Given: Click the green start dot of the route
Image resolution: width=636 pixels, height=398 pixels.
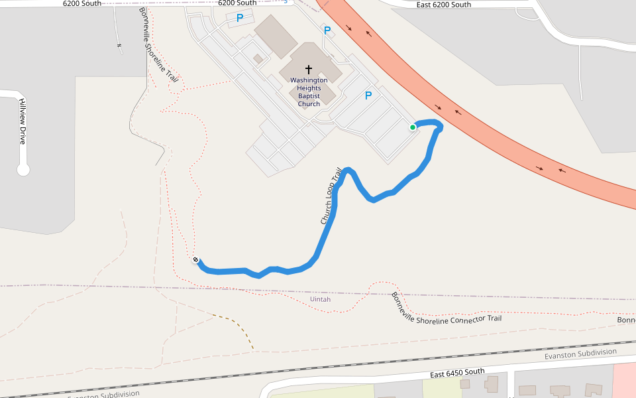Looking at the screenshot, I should [413, 127].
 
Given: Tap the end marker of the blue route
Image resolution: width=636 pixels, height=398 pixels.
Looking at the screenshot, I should [196, 259].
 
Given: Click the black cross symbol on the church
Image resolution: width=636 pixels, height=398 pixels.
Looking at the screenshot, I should [308, 69].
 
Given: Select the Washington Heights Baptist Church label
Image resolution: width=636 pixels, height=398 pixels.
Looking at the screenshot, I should [309, 92].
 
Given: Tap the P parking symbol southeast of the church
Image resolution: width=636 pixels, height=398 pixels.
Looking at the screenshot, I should [368, 96].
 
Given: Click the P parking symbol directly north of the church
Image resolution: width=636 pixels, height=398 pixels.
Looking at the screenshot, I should [327, 31].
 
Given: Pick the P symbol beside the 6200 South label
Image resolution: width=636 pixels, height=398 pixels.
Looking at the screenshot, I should [240, 19].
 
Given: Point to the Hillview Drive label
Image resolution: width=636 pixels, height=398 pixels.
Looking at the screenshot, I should [22, 122].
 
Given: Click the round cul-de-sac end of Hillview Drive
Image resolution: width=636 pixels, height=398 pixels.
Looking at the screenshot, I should [23, 170].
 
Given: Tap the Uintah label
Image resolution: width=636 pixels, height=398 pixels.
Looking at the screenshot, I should [320, 300].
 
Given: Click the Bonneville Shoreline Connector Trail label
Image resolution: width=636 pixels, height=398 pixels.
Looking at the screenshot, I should [445, 308].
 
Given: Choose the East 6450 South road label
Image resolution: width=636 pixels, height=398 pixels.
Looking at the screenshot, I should [456, 373].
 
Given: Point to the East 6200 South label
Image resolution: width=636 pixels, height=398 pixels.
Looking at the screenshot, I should [444, 5].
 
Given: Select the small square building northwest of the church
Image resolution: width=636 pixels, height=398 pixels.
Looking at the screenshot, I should [258, 58].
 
